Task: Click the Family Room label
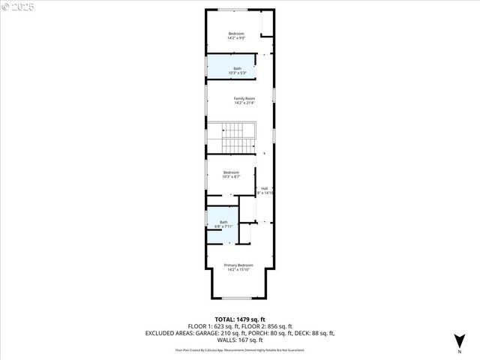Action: pos(239,98)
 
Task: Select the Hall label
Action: pos(264,188)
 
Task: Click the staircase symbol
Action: pos(238,139)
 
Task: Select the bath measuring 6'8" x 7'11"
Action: pos(223,222)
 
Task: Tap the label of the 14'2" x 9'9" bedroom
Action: pos(236,34)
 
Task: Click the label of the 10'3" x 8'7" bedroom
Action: pos(231,172)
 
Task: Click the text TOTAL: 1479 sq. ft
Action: pos(239,319)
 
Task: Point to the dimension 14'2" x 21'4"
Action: pos(244,103)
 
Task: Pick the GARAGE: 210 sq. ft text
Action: pos(227,333)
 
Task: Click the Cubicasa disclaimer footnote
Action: pos(239,349)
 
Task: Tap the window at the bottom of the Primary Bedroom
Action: pos(236,298)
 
